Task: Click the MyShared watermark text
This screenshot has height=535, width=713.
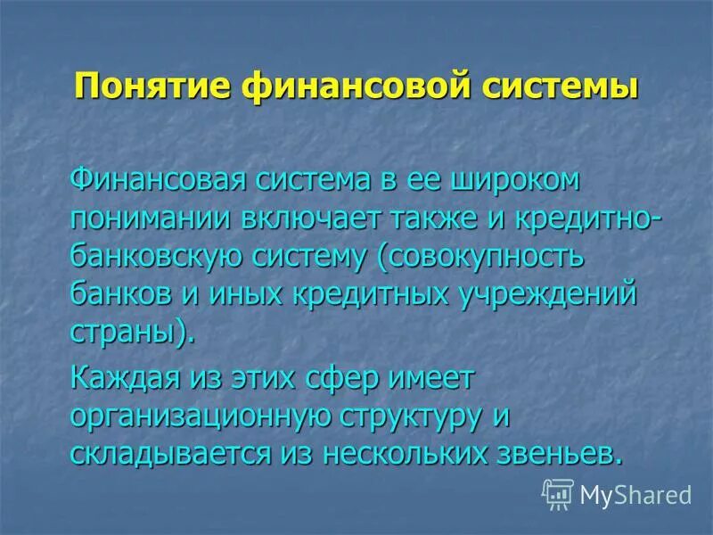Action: click(635, 493)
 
